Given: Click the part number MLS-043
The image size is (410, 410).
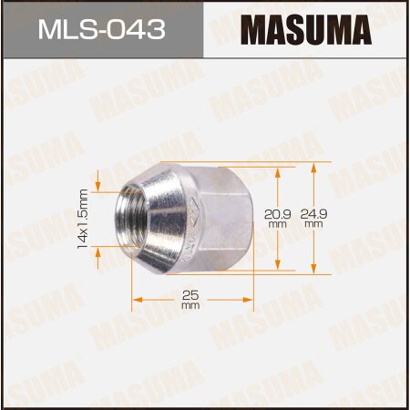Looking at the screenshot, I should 102,30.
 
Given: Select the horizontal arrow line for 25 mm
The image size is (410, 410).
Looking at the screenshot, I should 164,298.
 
